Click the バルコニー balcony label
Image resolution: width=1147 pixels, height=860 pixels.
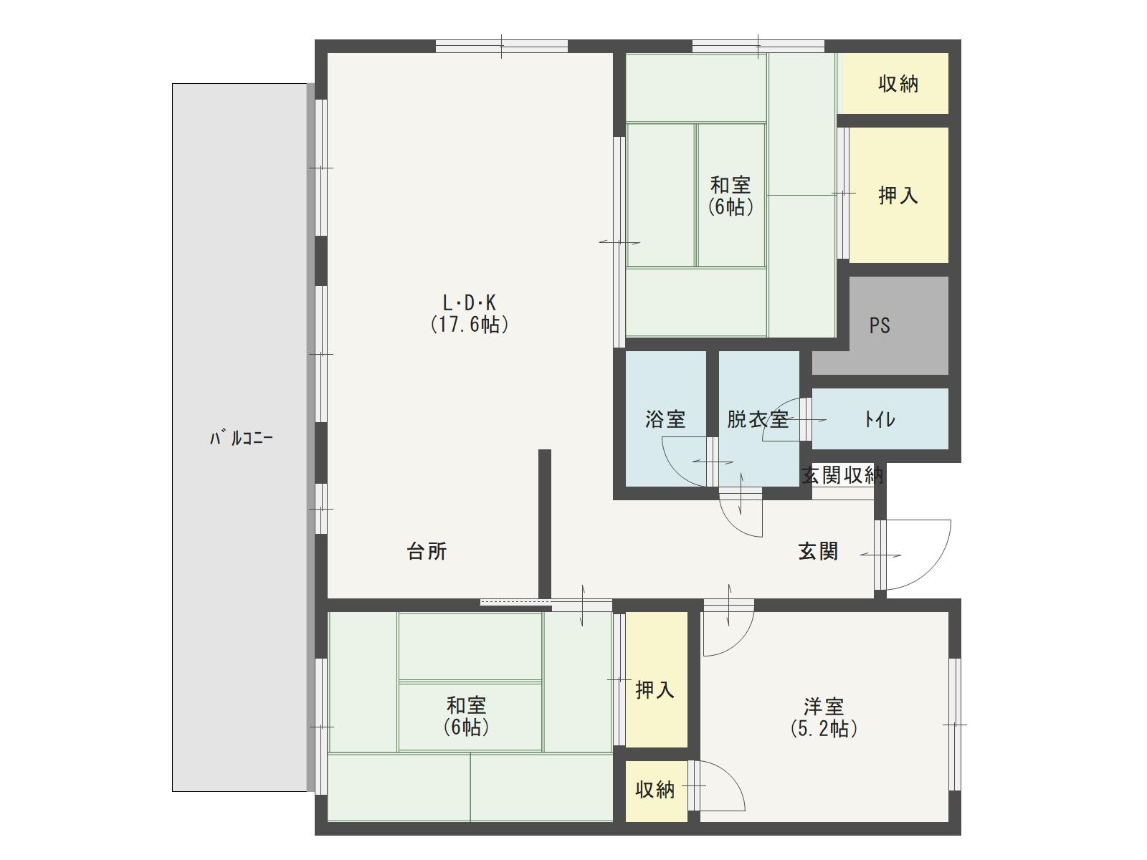coord(241,438)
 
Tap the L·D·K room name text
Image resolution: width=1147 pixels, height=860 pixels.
coord(469,303)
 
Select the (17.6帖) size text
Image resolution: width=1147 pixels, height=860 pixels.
coord(470,325)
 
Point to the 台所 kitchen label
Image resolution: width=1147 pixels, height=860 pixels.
coord(427,551)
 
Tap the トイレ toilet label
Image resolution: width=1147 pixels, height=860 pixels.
coord(880,419)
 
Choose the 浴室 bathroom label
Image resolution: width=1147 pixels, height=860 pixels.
coord(665,419)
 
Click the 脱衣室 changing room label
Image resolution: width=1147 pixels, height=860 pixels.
coord(758,419)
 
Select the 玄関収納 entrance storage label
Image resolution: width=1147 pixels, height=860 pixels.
coord(842,475)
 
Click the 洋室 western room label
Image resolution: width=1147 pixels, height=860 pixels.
coord(824,707)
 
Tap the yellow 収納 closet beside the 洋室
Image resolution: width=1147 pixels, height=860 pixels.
coord(656,790)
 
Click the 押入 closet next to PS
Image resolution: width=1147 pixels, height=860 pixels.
coord(898,195)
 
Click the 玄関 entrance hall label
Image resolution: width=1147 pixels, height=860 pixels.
coord(819,551)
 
